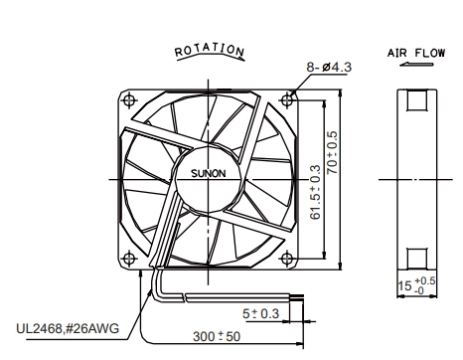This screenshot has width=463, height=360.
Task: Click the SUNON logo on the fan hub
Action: point(209,173)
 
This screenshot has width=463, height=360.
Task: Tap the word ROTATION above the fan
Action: point(210,50)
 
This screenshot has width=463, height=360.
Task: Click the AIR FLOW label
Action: point(416,53)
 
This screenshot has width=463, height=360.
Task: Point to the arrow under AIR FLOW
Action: point(416,64)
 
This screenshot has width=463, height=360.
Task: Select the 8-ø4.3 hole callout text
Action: point(329,67)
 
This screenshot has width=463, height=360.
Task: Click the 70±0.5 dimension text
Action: point(332,153)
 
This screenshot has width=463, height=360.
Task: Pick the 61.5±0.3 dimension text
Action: point(316,192)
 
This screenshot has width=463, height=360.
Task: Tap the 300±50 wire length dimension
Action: point(217,336)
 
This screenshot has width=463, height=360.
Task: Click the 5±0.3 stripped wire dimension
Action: point(261,313)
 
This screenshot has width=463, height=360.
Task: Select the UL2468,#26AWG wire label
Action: point(68,329)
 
